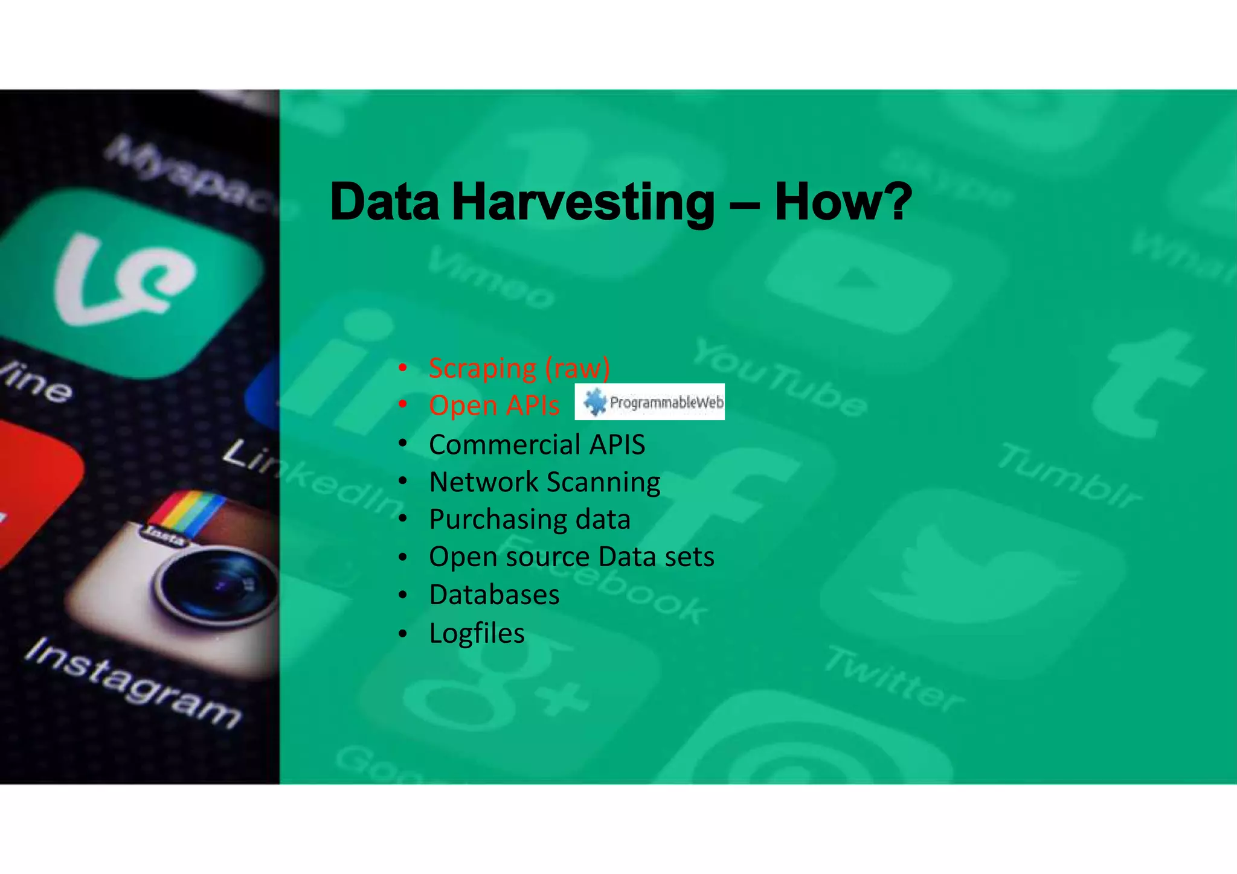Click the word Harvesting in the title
click(x=583, y=203)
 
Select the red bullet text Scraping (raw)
click(x=519, y=368)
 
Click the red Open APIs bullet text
click(x=494, y=405)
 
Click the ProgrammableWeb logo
click(x=650, y=402)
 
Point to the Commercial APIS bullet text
click(x=537, y=445)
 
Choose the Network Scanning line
click(x=544, y=482)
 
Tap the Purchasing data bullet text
click(x=530, y=520)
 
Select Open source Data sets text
click(x=571, y=557)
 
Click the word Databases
click(x=494, y=595)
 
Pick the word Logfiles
click(x=477, y=633)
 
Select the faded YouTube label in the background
click(x=779, y=377)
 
